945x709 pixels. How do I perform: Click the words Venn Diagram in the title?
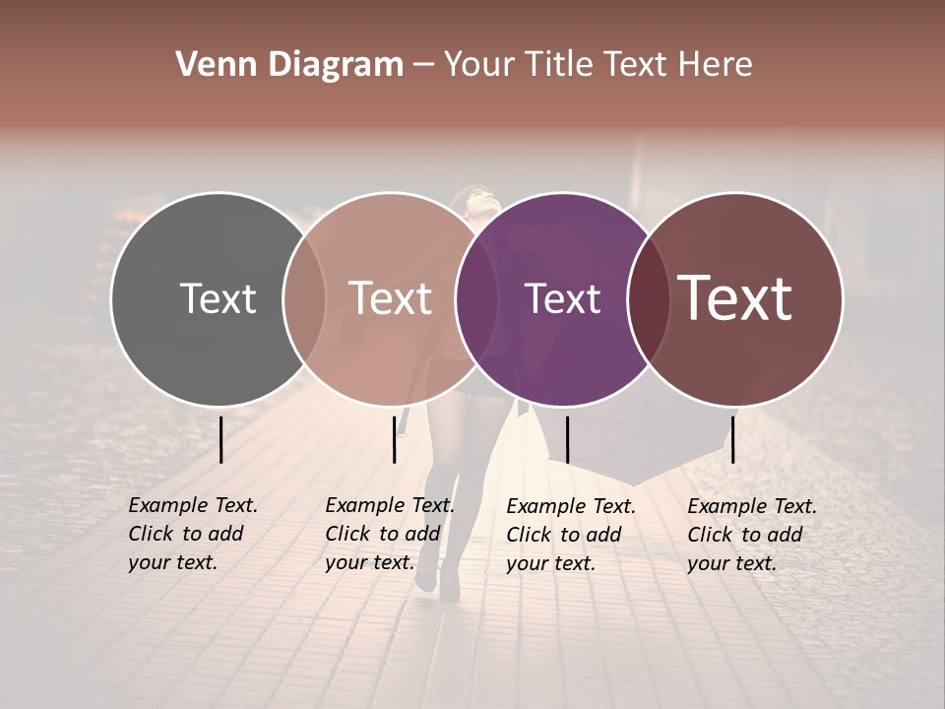[289, 65]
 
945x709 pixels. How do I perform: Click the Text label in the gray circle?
[218, 298]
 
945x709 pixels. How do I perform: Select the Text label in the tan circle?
[390, 298]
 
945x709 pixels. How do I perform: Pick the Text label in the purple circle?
[562, 298]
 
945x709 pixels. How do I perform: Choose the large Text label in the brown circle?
[735, 298]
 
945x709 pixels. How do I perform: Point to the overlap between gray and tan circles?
[304, 298]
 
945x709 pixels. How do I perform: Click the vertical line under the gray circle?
[220, 439]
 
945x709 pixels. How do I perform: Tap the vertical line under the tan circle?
[394, 439]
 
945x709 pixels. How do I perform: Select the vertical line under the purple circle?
[567, 439]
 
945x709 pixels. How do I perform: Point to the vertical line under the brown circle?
[732, 439]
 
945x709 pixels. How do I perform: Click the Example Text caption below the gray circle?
[192, 534]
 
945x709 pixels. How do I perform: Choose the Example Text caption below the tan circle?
[389, 534]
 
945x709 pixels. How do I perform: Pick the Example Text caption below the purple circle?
[570, 535]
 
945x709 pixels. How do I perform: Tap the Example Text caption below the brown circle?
[751, 535]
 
